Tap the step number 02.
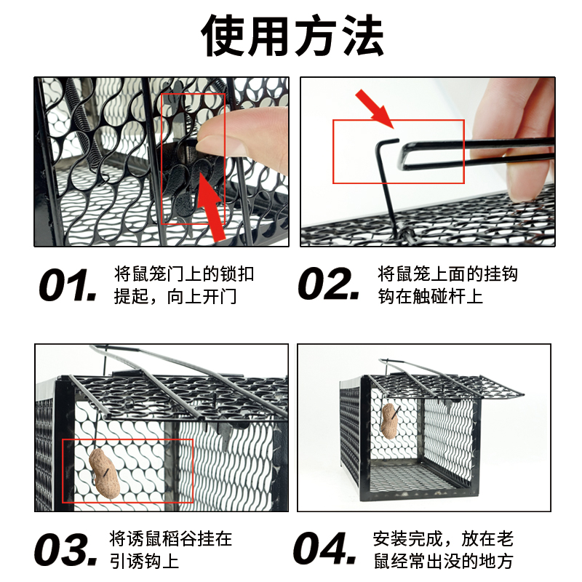point(329,285)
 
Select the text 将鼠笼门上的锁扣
point(184,274)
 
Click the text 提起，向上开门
point(175,297)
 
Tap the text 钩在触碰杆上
point(430,297)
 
